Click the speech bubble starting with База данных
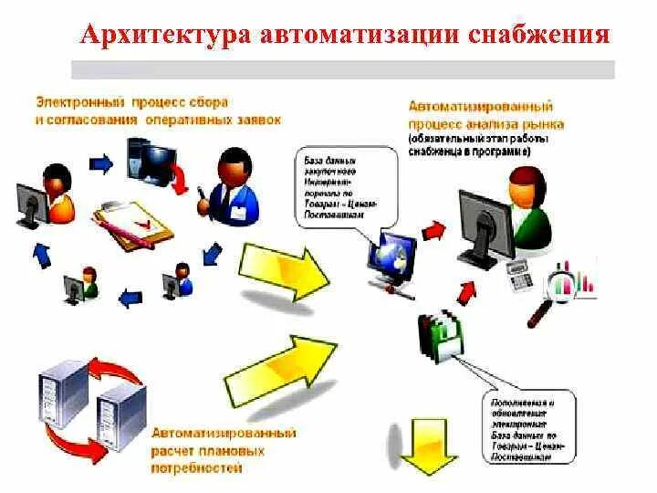coord(341,187)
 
